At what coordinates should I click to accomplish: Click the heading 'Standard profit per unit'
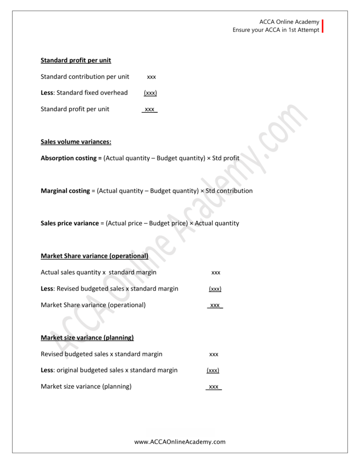click(x=76, y=60)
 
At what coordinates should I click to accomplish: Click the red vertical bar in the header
click(x=323, y=26)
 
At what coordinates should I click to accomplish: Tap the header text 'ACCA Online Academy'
click(x=289, y=22)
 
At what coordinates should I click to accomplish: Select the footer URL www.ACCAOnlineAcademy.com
click(x=180, y=441)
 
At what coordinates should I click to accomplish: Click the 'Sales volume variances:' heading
click(x=76, y=142)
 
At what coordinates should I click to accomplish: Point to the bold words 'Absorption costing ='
click(x=71, y=158)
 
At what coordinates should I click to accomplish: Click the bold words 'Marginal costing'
click(x=65, y=191)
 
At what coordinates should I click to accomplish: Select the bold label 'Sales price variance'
click(x=70, y=223)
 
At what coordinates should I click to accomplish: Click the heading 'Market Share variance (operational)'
click(x=95, y=256)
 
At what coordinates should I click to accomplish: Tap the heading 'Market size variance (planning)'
click(x=87, y=338)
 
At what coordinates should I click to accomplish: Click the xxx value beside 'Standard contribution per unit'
click(x=151, y=77)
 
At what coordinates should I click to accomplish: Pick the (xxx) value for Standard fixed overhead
click(x=150, y=93)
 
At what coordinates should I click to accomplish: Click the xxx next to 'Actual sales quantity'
click(x=216, y=272)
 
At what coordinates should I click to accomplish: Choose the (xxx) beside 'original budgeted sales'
click(x=213, y=371)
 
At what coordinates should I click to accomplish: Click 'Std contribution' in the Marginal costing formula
click(x=229, y=191)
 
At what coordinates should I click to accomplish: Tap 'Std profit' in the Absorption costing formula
click(x=225, y=158)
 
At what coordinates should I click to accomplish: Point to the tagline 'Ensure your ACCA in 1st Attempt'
click(x=276, y=30)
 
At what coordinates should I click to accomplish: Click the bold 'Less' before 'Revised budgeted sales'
click(x=47, y=289)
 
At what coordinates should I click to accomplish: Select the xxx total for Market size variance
click(x=213, y=387)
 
